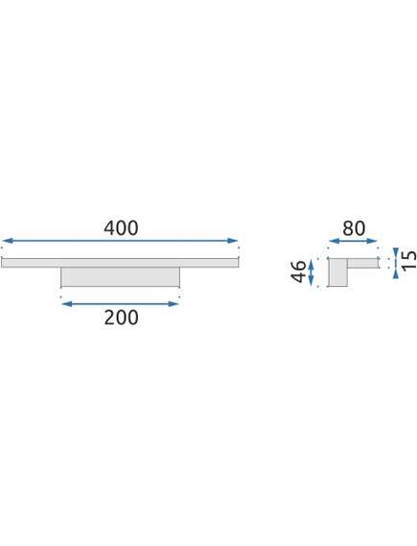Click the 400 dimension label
pos(121,228)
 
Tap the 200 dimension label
pos(121,318)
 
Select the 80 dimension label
pos(354,228)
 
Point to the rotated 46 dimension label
pos(298,271)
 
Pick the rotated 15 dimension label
pos(408,260)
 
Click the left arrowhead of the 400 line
pos(8,241)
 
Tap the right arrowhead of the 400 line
pos(232,241)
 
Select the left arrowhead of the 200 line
pos(67,304)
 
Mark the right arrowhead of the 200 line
pos(173,304)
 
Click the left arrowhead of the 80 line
pos(335,241)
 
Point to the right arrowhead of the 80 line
pos(371,241)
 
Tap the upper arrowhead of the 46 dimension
pos(312,264)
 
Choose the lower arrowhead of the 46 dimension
pos(312,280)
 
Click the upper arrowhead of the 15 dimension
pos(396,252)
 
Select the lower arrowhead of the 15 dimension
pos(396,273)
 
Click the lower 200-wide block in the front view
pos(121,277)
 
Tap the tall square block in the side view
pos(337,273)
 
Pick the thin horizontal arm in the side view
pos(362,263)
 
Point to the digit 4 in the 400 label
pos(109,228)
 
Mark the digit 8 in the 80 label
pos(348,228)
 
